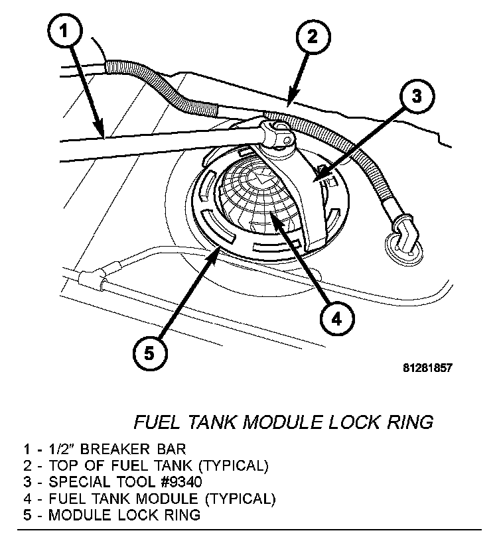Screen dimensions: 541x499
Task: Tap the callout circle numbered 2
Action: (312, 37)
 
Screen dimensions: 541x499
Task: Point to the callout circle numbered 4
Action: (336, 320)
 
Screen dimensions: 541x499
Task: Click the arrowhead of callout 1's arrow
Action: (103, 137)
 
